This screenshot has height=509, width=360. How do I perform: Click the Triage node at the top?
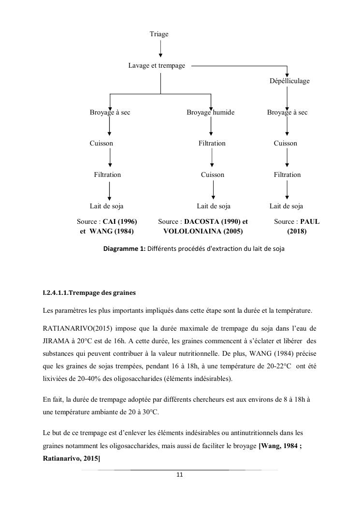[x=159, y=34]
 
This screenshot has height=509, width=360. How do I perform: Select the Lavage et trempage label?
[x=157, y=65]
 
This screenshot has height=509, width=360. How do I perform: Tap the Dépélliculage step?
[x=289, y=81]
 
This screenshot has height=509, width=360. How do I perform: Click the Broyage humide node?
[x=211, y=112]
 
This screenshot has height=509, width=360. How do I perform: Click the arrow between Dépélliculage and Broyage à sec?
[x=288, y=97]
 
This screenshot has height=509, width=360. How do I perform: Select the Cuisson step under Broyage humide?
[x=213, y=175]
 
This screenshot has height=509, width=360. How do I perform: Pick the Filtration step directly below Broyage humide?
[x=212, y=143]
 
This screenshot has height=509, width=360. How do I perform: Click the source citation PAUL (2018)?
[x=297, y=226]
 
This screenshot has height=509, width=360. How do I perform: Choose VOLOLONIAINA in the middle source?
[x=189, y=231]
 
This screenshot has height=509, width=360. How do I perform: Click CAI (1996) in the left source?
[x=120, y=221]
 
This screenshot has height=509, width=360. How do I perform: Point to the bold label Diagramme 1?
[x=125, y=249]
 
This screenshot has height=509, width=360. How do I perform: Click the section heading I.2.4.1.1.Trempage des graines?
[x=90, y=293]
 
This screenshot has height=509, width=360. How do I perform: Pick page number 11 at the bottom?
[x=179, y=475]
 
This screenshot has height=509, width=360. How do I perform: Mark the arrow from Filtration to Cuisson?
[x=212, y=159]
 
